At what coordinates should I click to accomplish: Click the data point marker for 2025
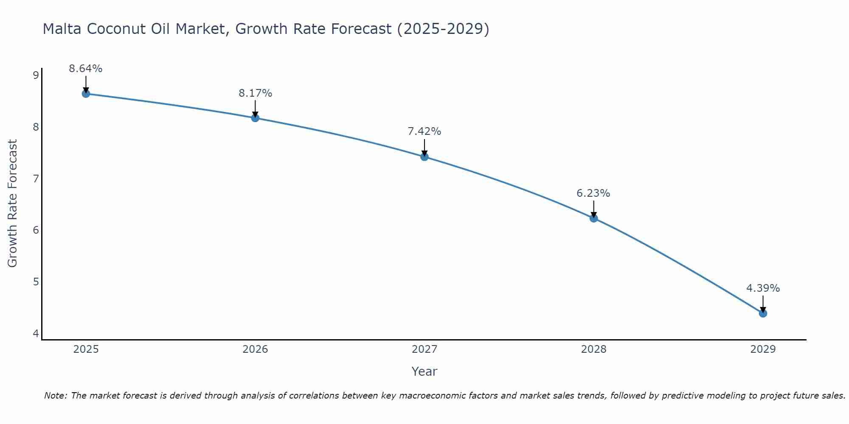tap(86, 94)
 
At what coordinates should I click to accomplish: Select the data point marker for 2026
tap(255, 118)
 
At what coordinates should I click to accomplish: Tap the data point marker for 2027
tap(424, 157)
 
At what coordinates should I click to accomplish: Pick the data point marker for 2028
tap(593, 218)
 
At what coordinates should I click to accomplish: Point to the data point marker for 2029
tap(763, 313)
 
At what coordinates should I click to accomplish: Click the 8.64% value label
tap(86, 69)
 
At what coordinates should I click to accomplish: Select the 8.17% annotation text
tap(255, 93)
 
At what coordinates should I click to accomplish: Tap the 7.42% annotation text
tap(424, 131)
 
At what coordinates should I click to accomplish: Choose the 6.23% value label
tap(593, 193)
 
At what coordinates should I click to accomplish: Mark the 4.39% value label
tap(763, 288)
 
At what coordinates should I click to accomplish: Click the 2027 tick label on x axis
tap(424, 349)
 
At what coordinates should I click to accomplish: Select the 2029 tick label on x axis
tap(763, 349)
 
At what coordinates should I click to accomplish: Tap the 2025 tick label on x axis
tap(86, 349)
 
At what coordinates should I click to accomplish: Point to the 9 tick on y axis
tap(36, 75)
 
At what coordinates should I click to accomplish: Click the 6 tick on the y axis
tap(36, 230)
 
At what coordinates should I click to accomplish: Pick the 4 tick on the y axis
tap(36, 334)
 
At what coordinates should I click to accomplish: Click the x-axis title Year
tap(424, 371)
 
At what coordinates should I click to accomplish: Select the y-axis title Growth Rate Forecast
tap(13, 204)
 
